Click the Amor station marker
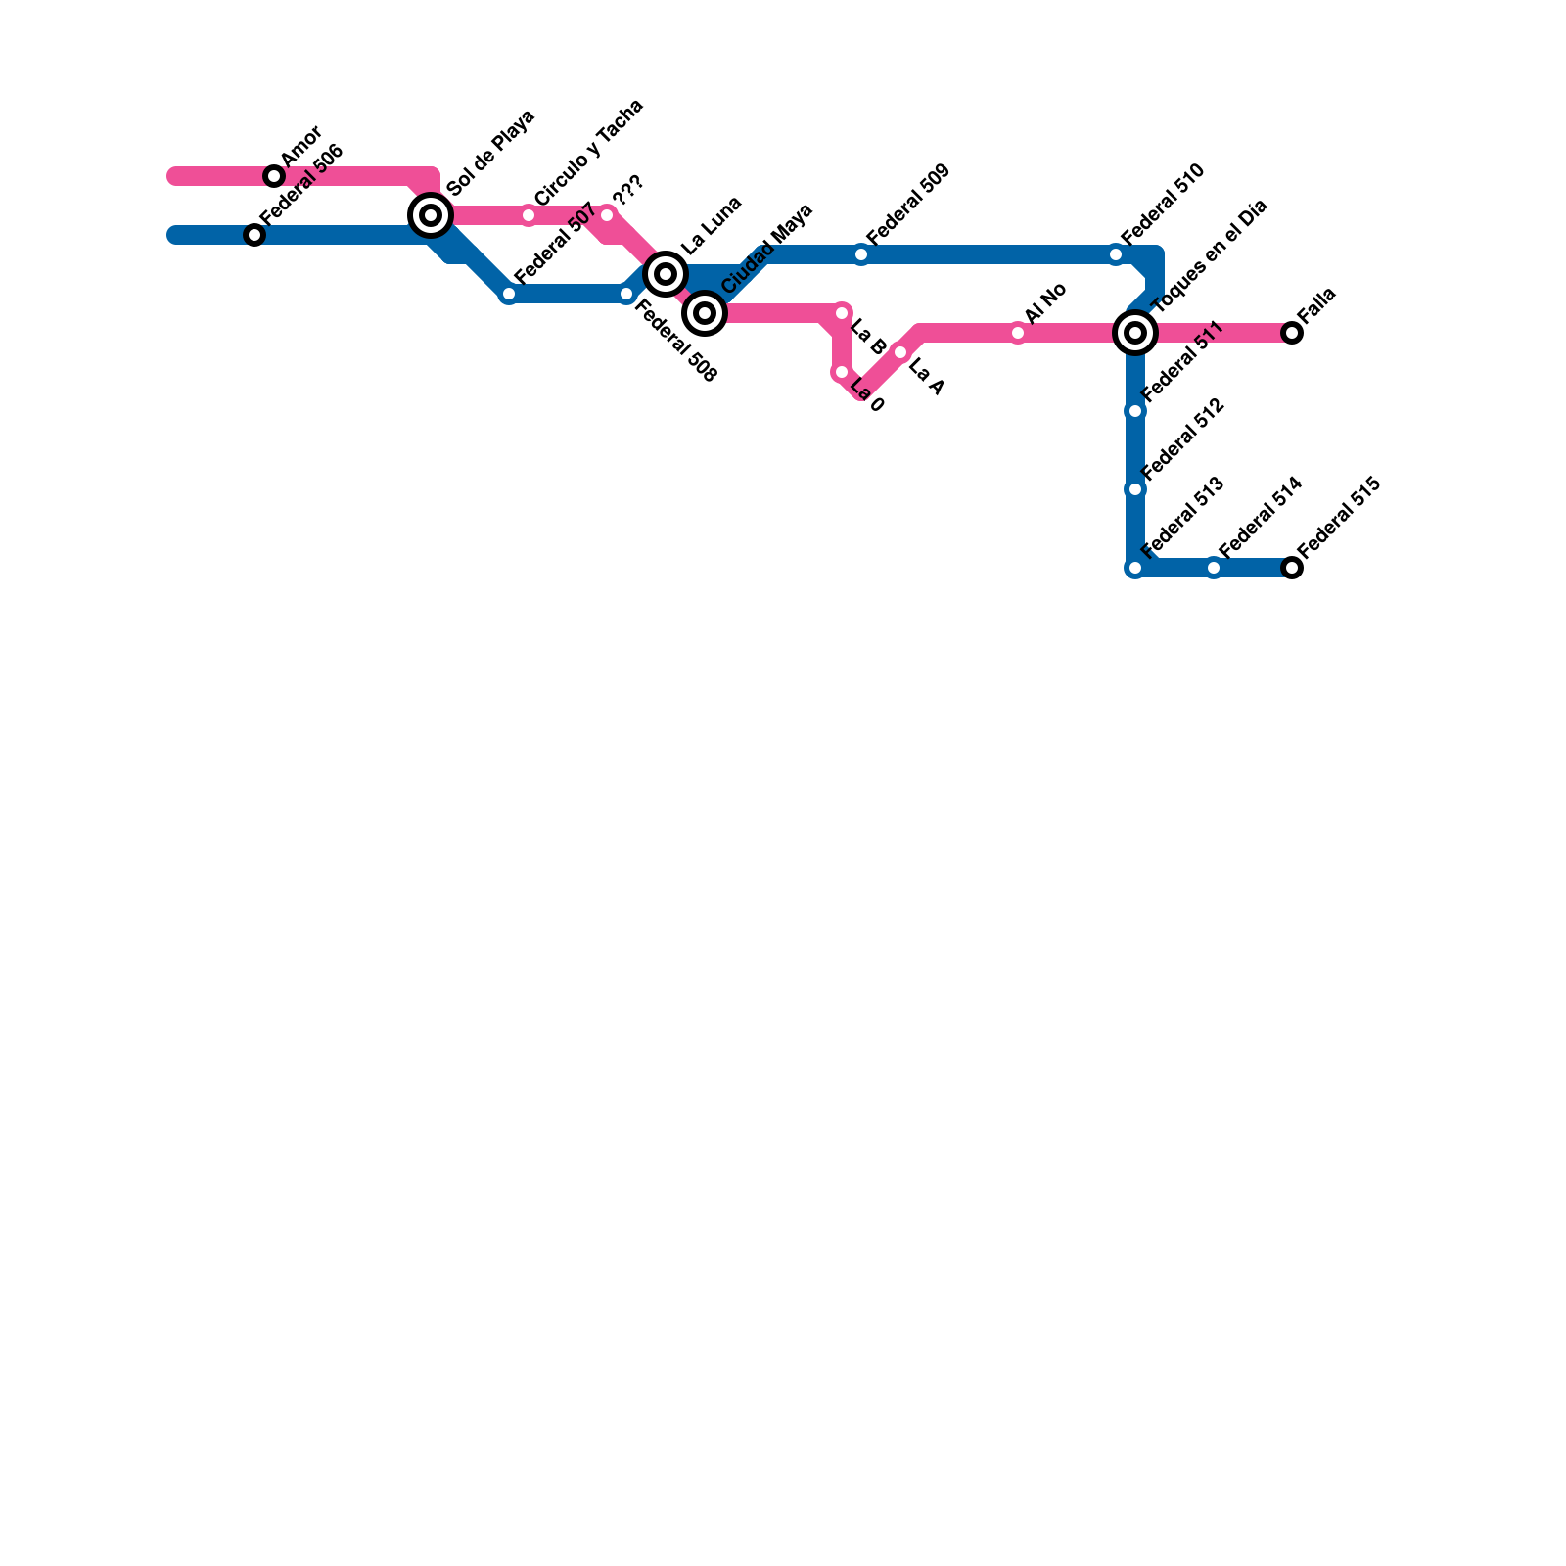[274, 176]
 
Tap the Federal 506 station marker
[254, 235]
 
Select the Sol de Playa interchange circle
[431, 215]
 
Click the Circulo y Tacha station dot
[529, 215]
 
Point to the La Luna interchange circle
[666, 274]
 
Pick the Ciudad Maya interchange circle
[705, 313]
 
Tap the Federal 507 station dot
[509, 294]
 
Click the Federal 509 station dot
[861, 254]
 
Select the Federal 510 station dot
[1116, 254]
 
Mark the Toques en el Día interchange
[1135, 333]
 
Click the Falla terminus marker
[1292, 333]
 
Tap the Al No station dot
[1018, 333]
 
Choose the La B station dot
[842, 313]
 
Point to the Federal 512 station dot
[1135, 489]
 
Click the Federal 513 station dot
[1135, 568]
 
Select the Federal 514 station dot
[1214, 568]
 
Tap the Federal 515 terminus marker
[1292, 568]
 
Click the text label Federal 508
[676, 342]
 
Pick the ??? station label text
[627, 192]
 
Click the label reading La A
[925, 378]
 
